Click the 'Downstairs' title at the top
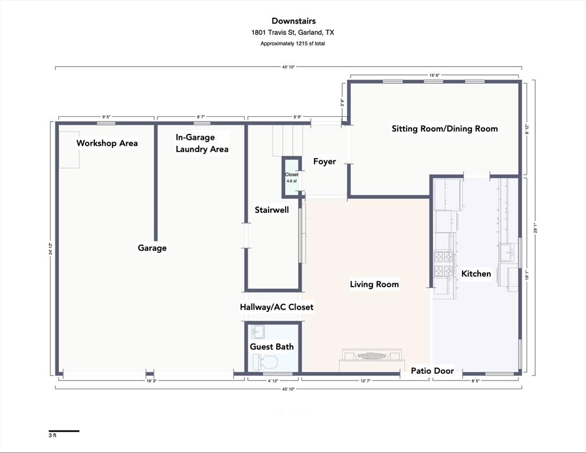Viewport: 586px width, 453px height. [x=293, y=21]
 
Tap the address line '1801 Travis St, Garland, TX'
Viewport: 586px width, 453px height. [x=293, y=32]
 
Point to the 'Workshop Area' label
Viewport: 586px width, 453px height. [x=107, y=143]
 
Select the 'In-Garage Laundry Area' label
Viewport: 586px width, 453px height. [x=202, y=143]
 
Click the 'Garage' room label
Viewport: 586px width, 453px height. [x=152, y=248]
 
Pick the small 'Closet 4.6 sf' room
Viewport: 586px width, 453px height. [x=292, y=178]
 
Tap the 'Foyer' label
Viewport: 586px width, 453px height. [x=325, y=162]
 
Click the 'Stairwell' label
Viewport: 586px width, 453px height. [x=271, y=210]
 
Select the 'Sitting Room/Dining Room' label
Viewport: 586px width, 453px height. [x=445, y=129]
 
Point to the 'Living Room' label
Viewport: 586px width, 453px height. [x=374, y=284]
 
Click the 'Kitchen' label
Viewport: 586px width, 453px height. [x=476, y=274]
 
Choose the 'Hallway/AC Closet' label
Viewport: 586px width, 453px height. [x=277, y=307]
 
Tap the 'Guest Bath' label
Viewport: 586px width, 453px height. [x=271, y=347]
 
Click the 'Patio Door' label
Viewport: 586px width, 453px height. [x=433, y=371]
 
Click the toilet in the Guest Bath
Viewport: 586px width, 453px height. [x=266, y=363]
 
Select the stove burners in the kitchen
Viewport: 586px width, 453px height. [x=443, y=264]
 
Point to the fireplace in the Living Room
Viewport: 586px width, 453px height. [x=372, y=360]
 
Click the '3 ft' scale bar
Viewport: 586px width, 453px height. [x=64, y=431]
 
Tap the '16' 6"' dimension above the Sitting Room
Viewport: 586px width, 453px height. [x=434, y=75]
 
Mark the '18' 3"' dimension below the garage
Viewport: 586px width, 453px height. [x=151, y=381]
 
